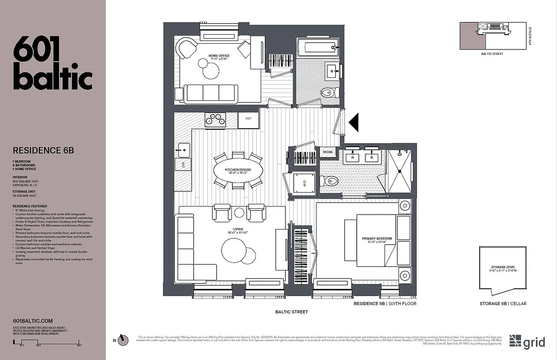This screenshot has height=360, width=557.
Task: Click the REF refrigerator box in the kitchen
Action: (249, 119)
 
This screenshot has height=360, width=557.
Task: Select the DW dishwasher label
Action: (183, 165)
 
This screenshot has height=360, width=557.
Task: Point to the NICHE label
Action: (328, 152)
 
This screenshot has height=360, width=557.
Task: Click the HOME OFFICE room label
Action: (219, 56)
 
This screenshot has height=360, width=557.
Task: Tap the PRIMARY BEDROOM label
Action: (377, 238)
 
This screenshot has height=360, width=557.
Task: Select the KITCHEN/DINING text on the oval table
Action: (238, 170)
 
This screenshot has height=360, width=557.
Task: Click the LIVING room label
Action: (231, 229)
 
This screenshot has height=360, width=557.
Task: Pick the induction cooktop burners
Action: (215, 119)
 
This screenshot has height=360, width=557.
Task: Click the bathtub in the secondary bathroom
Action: (317, 46)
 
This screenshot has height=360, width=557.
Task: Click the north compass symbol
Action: (123, 341)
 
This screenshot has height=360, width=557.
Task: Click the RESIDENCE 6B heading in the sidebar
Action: (43, 151)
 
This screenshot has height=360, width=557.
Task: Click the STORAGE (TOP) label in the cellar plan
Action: (503, 267)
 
